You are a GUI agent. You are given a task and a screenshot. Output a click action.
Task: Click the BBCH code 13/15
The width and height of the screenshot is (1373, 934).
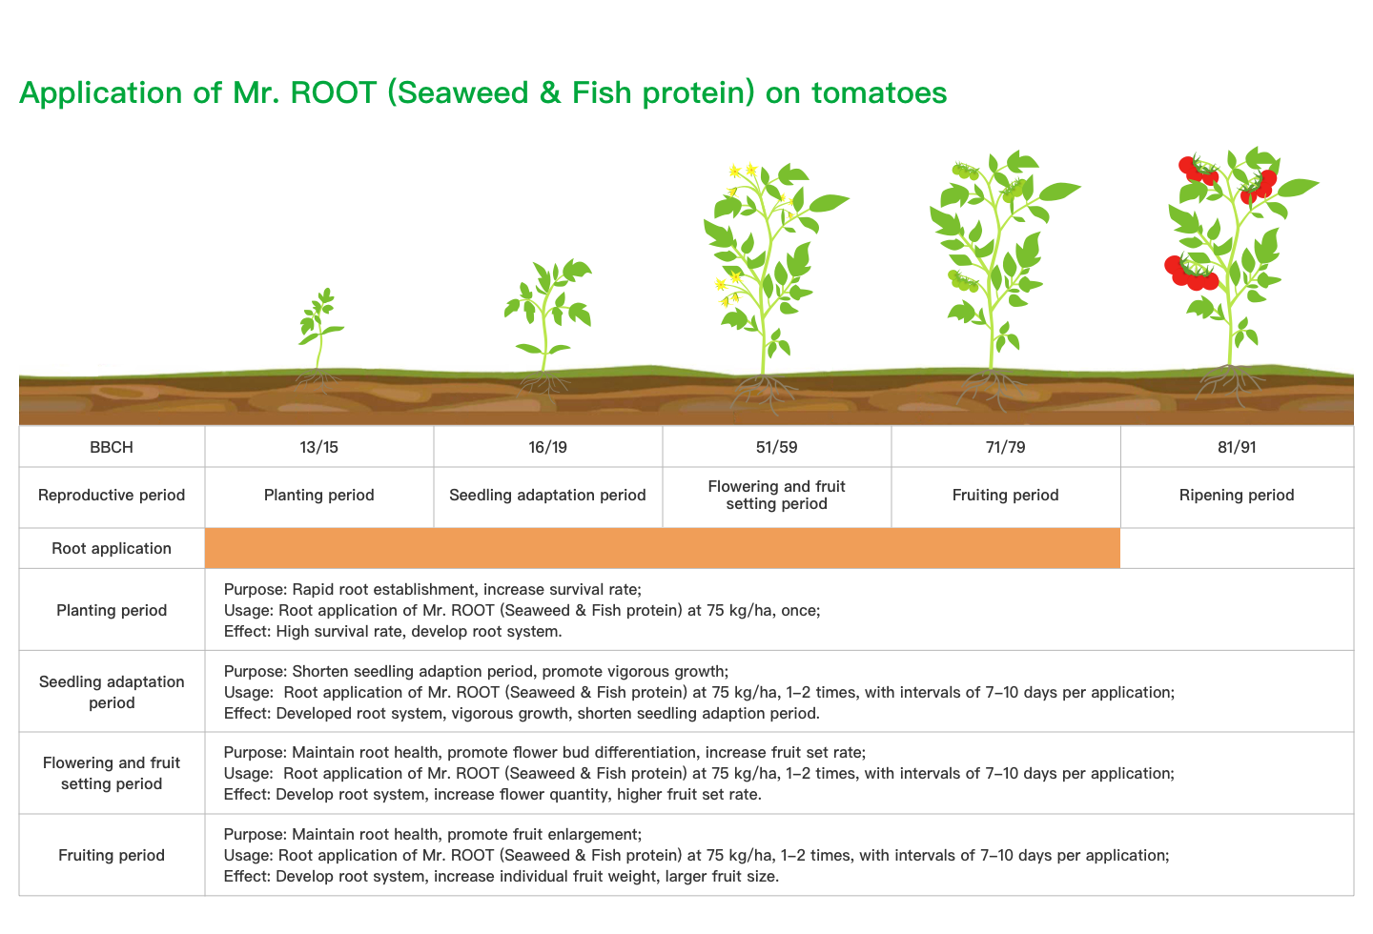coord(318,447)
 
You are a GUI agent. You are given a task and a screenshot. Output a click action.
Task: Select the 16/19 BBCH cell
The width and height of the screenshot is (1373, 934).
coord(548,447)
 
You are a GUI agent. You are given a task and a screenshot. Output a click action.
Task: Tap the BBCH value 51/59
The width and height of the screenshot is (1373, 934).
coord(776,447)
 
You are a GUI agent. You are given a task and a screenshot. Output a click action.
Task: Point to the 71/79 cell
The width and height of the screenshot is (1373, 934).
coord(1005,447)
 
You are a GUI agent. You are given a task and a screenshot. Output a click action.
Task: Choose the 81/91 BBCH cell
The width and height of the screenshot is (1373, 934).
coord(1237,447)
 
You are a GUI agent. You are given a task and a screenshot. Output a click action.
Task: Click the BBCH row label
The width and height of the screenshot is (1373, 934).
coord(112,447)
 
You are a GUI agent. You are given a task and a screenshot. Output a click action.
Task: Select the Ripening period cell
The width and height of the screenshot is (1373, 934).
coord(1237,496)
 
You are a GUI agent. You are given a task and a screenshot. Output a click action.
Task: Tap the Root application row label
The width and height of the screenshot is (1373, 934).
coord(112,549)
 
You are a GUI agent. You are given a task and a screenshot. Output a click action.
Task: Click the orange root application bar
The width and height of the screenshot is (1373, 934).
coord(663,548)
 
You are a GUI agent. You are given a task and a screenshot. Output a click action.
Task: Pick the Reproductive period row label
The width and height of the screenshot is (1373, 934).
coord(112,496)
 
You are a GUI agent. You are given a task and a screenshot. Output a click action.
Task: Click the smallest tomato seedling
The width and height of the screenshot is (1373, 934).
coord(320,331)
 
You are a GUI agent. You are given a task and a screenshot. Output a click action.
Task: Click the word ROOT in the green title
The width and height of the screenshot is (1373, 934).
coord(333,93)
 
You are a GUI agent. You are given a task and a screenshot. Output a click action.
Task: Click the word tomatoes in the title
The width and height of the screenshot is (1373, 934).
coord(879,93)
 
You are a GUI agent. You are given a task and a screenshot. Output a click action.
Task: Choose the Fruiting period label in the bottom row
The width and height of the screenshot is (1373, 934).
coord(112,856)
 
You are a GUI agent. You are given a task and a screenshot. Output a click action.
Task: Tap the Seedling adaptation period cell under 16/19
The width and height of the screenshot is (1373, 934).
coord(548,496)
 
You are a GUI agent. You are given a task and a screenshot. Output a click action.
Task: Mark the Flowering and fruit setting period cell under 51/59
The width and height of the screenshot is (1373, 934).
coord(776,496)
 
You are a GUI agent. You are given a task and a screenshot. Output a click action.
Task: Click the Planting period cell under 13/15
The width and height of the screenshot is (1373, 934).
coord(318,496)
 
